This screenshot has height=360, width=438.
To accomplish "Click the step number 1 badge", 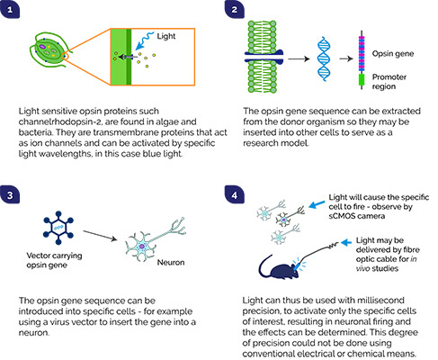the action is (x=10, y=10).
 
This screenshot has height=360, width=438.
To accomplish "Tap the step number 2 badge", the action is (x=234, y=10).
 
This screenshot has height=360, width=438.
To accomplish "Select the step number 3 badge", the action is (x=10, y=195).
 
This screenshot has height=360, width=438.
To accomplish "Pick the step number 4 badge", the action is (x=234, y=195).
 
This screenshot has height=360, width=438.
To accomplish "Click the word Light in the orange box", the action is (x=166, y=36).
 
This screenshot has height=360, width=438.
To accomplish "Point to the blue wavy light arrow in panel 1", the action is (x=144, y=40).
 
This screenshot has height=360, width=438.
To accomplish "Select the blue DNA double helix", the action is (x=324, y=58).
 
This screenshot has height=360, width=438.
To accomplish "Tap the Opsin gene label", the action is (x=393, y=54).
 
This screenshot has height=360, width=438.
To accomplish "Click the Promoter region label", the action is (x=389, y=82).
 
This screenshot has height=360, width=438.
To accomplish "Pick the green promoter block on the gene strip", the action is (x=362, y=80).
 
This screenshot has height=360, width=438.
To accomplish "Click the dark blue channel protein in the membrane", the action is (x=264, y=57).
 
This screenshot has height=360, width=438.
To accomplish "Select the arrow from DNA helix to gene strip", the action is (x=346, y=58).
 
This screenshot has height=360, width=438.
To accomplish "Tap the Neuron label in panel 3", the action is (x=171, y=263).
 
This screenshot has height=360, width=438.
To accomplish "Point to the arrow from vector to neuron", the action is (x=100, y=236).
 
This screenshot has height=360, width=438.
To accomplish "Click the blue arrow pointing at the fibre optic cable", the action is (x=346, y=242).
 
